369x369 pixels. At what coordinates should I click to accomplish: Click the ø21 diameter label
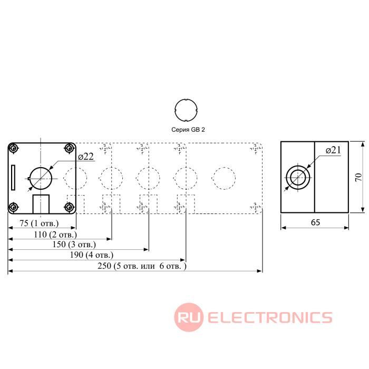[334, 150]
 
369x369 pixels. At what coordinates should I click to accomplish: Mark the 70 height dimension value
[358, 178]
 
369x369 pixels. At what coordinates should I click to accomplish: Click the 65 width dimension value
[315, 222]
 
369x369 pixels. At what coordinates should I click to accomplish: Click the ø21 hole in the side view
[298, 178]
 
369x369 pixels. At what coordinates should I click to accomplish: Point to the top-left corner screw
[14, 148]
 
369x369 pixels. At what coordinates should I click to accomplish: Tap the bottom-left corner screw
[14, 207]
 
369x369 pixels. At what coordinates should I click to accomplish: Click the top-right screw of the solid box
[70, 148]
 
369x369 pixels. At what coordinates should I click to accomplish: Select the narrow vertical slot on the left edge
[13, 177]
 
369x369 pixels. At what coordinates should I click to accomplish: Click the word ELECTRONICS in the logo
[269, 317]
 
